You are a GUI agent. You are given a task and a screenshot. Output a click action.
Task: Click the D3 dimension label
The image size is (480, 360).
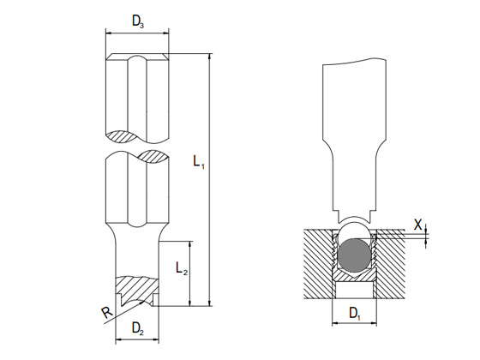[x=138, y=21]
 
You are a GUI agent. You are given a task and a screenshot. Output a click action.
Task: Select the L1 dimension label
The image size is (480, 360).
[x=199, y=161]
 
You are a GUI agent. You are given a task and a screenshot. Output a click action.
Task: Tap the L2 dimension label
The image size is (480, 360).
[x=182, y=268]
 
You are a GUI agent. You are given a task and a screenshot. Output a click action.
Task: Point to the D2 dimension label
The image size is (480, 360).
[x=138, y=328]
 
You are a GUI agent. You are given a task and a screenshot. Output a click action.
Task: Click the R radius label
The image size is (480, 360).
[x=107, y=313]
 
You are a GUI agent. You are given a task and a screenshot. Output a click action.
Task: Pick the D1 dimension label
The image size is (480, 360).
[x=355, y=314]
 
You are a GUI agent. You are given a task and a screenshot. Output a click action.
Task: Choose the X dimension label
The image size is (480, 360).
[x=418, y=225]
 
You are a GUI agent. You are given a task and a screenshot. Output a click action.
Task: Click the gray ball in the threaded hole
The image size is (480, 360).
[x=354, y=255]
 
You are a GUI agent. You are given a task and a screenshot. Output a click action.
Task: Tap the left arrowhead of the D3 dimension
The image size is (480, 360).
[x=108, y=33]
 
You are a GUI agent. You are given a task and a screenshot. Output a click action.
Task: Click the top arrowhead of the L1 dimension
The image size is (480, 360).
[x=210, y=57]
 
